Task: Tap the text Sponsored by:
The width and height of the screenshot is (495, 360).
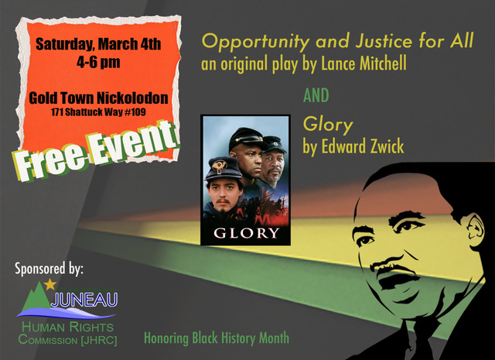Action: pyautogui.click(x=49, y=269)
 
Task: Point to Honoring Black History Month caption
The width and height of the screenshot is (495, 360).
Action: pyautogui.click(x=217, y=338)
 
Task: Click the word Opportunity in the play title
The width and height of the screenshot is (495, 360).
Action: pyautogui.click(x=244, y=41)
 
